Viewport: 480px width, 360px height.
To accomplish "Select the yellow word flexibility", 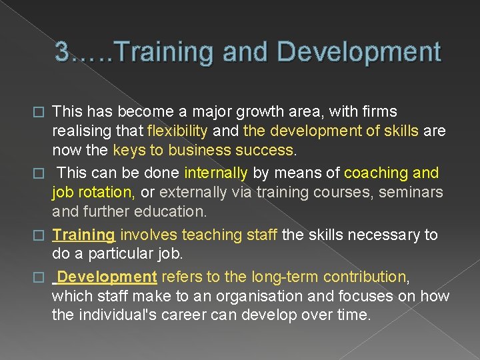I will (x=181, y=131).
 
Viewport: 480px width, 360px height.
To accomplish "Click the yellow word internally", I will (x=215, y=173).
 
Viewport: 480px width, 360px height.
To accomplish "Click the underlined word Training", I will (x=84, y=235).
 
